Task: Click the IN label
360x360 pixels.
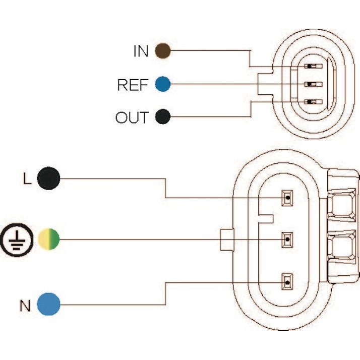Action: tap(141, 51)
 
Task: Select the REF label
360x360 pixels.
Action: tap(133, 85)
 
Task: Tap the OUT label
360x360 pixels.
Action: tap(132, 118)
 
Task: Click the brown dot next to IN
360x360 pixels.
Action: tap(162, 50)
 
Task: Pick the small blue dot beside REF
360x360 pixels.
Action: tap(162, 84)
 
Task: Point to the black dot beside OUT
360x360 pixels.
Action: tap(162, 117)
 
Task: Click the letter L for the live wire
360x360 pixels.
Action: tap(27, 179)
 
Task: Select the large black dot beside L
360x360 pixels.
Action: tap(49, 178)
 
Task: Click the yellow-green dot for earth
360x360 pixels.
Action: tap(49, 238)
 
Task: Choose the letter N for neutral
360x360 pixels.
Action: tap(25, 305)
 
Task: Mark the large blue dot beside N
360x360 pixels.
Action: tap(49, 304)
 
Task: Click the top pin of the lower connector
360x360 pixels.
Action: tap(287, 198)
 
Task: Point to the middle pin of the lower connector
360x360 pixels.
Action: tap(287, 239)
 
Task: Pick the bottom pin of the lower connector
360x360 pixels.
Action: tap(287, 281)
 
